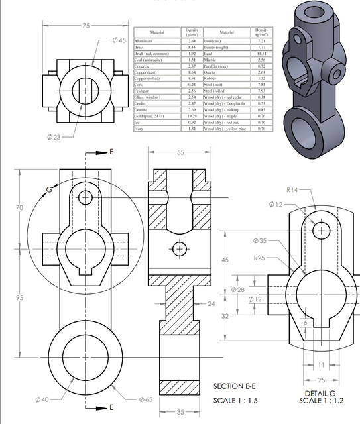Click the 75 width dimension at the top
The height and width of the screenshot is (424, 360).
tap(86, 26)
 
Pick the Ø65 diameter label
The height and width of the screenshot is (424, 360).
tap(147, 399)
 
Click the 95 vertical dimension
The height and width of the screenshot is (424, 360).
tap(19, 298)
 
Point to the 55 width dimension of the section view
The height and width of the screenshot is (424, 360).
tap(180, 153)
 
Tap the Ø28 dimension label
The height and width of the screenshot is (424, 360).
tap(237, 290)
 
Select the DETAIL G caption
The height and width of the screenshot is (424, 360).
tap(322, 394)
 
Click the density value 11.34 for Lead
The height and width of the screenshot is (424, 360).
tap(261, 54)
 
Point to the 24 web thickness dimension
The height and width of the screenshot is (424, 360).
tap(211, 304)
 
